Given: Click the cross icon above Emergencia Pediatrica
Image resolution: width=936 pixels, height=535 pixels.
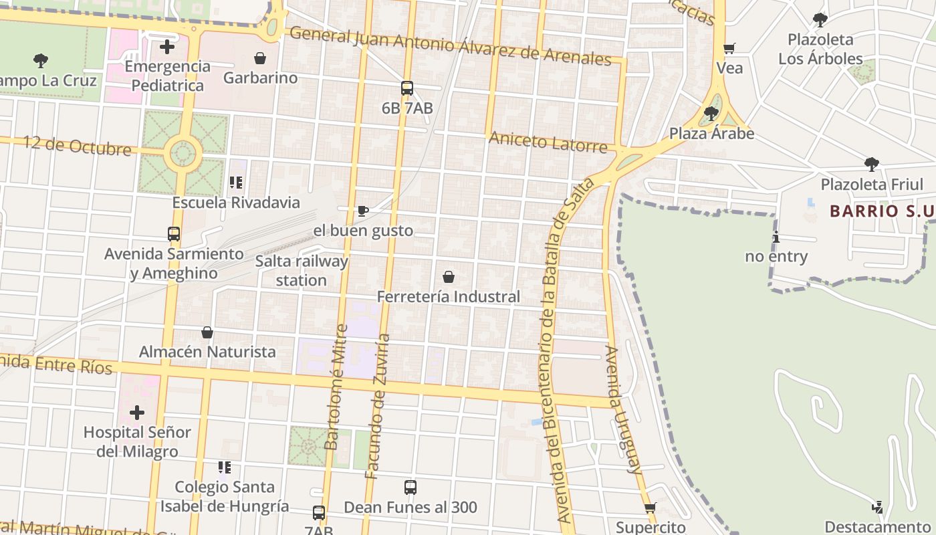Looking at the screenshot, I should coord(167,47).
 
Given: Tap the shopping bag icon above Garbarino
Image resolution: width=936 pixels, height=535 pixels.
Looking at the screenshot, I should coord(260,58).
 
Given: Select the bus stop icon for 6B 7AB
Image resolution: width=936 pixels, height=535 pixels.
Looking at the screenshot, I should coord(406,88).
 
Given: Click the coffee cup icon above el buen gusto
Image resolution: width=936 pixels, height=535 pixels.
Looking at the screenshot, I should coord(363,211).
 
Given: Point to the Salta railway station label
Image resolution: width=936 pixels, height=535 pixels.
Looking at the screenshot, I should coord(302,270).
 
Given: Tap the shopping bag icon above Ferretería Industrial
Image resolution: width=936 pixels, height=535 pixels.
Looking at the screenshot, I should coord(449,276).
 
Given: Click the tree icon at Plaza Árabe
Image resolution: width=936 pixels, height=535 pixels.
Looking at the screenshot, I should coord(711,113).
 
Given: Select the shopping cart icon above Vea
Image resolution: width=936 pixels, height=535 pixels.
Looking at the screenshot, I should coord(729,48).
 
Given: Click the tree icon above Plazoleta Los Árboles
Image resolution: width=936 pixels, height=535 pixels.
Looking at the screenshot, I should coord(820,19).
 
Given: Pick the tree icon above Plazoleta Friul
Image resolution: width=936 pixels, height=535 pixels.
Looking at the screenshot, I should coord(871,164).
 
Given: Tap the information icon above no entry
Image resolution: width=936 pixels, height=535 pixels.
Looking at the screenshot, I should coord(776,237).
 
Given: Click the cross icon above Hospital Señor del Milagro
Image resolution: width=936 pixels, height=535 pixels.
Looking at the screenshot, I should coord(137,412).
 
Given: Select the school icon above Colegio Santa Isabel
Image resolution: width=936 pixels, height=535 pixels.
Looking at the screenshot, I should coord(225,467).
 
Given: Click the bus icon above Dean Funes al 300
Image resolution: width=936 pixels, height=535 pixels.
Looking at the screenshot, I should coord(411,488).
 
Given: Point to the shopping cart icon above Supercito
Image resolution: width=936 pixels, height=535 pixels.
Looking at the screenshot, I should coord(651,508).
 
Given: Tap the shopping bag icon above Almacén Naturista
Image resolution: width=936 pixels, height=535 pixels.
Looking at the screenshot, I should coord(207,332).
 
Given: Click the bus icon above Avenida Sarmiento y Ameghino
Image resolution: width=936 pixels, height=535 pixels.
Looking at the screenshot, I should coord(174,234).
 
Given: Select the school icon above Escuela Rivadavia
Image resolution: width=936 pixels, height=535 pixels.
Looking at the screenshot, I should coord(235,182).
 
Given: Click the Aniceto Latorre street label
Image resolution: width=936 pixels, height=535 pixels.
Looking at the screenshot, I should coord(548,142).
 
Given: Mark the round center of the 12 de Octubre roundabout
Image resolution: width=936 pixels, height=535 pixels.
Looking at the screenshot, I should coord(182,153).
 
